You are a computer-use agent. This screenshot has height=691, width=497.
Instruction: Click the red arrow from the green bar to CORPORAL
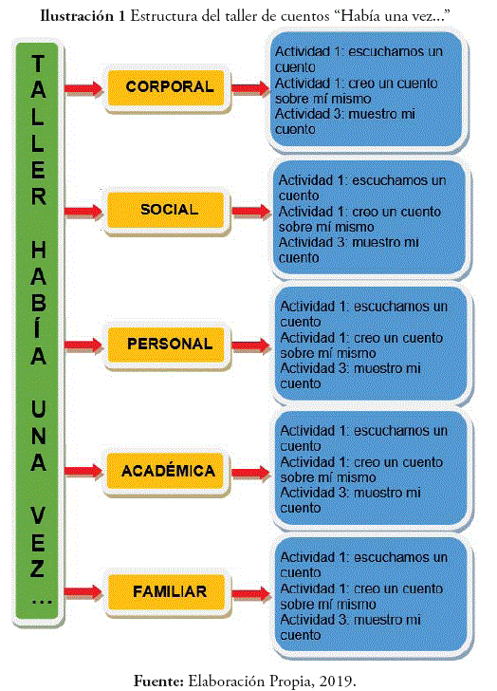click(83, 88)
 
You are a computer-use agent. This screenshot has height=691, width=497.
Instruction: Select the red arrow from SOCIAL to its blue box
click(251, 212)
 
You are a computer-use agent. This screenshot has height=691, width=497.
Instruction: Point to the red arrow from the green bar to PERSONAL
click(83, 345)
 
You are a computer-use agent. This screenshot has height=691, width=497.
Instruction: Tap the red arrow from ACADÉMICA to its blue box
click(251, 473)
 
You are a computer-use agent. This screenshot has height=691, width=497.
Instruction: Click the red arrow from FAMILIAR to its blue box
click(251, 593)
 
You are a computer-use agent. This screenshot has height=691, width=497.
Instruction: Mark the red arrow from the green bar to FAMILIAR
click(83, 592)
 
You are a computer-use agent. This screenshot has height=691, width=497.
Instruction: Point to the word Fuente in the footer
click(158, 681)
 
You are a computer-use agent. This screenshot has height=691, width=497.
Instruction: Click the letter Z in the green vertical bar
click(38, 568)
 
